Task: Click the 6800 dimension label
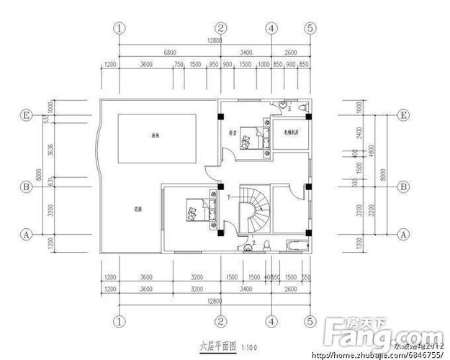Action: [x=170, y=54]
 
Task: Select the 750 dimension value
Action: [x=179, y=65]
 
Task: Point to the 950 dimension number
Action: [x=213, y=65]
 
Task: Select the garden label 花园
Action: [x=137, y=210]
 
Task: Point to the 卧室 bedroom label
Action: [x=233, y=132]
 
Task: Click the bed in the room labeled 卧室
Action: [x=251, y=138]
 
